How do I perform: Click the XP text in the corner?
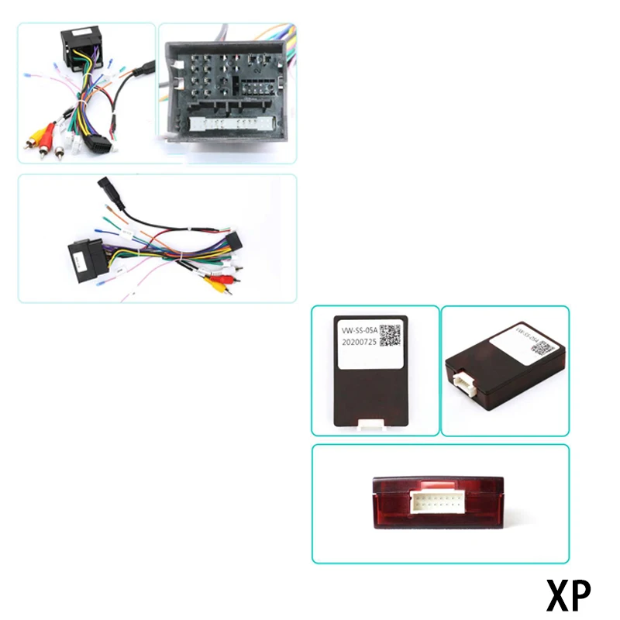(568, 595)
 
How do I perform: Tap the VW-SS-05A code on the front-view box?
(360, 329)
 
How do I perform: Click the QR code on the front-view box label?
(390, 336)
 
